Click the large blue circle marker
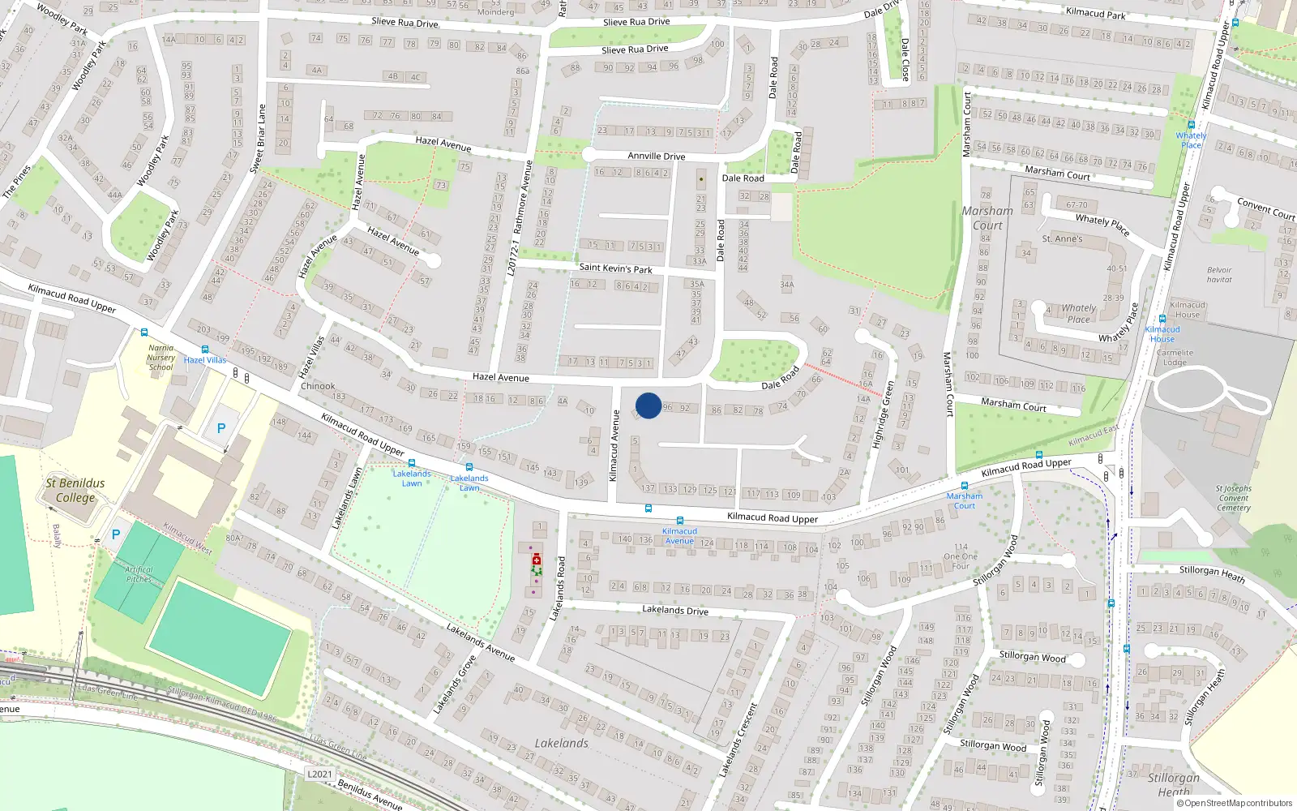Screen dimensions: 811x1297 [648, 405]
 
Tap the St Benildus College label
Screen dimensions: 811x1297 [75, 490]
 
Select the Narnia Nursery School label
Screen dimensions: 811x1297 [161, 358]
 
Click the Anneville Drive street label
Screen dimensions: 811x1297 [656, 156]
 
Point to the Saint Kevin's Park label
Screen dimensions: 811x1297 [615, 268]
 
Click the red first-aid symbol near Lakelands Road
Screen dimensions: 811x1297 [536, 560]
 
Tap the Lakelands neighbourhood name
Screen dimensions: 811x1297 [561, 743]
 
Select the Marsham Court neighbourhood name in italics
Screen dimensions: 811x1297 [987, 218]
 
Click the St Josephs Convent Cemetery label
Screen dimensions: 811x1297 [1233, 498]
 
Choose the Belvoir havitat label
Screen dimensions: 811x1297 [1219, 275]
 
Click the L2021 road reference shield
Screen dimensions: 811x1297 [319, 774]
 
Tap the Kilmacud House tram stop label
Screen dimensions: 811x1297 [1162, 333]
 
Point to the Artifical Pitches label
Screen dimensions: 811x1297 [139, 574]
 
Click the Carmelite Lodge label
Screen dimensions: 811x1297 [1175, 358]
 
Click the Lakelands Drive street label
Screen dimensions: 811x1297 [674, 610]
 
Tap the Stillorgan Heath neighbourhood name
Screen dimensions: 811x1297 [1173, 784]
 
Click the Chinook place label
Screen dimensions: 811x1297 [318, 386]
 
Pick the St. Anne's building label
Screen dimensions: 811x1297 [1062, 239]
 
